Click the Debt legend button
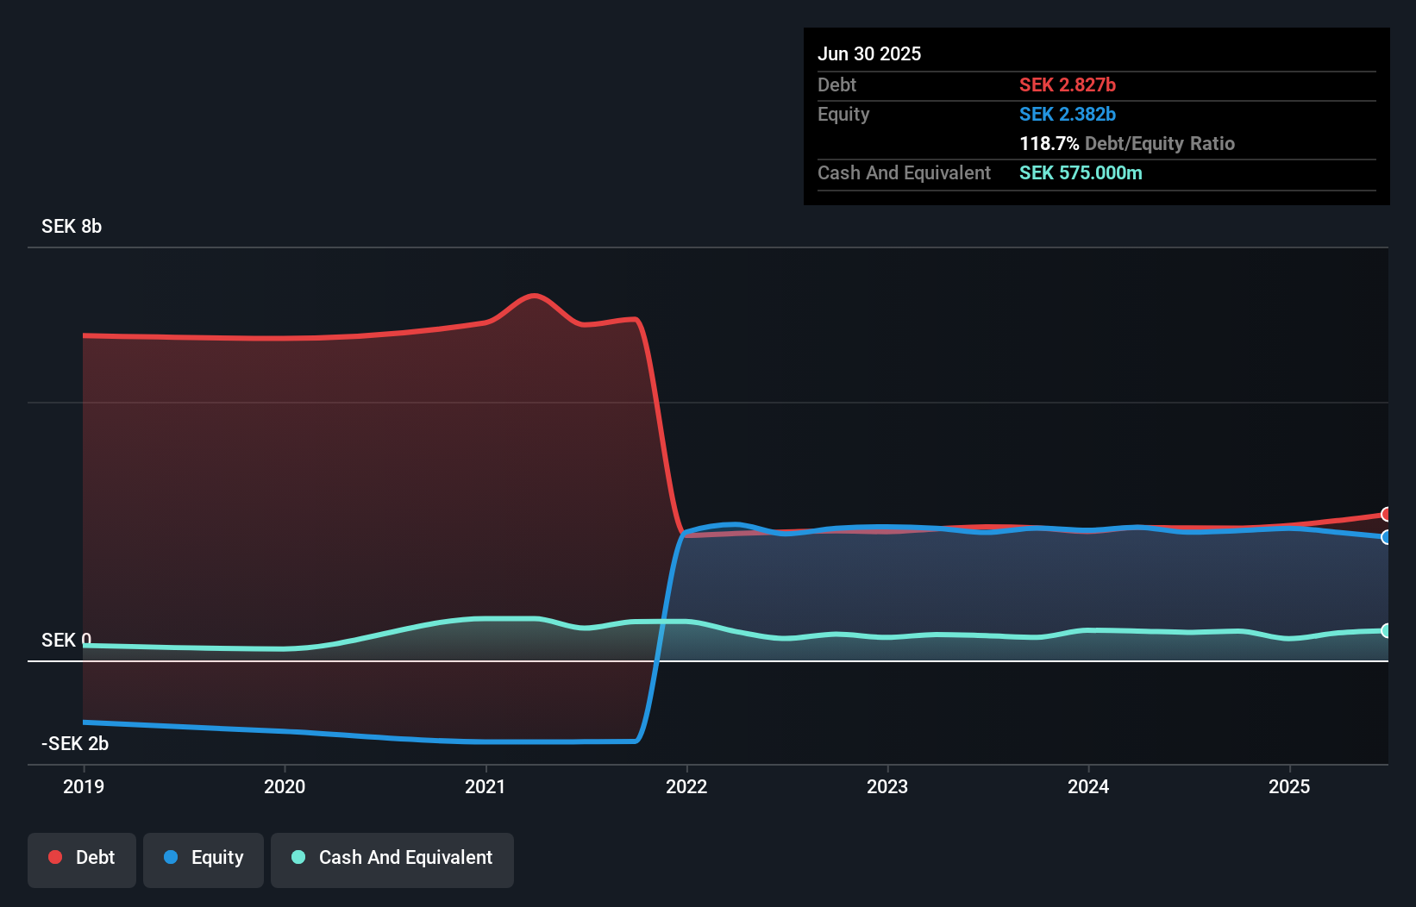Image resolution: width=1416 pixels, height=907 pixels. coord(82,858)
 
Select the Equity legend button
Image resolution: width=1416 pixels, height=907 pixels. coord(204,858)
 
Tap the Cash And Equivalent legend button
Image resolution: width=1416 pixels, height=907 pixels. coord(392,858)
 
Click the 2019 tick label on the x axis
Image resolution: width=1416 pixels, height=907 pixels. coord(84,786)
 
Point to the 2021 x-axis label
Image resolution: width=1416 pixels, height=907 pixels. coord(486,786)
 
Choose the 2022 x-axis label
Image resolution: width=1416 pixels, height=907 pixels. coord(686,786)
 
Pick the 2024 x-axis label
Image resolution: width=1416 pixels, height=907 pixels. coord(1088,786)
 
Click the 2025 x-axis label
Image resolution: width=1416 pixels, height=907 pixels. coord(1289,786)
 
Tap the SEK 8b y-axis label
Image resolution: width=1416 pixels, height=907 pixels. coord(72,227)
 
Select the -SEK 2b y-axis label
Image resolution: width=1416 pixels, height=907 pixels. coord(75,743)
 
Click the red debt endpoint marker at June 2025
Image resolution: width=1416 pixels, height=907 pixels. coord(1386,515)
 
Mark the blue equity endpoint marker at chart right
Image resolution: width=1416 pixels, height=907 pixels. coord(1386,537)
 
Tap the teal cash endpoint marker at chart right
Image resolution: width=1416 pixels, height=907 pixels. coord(1386,631)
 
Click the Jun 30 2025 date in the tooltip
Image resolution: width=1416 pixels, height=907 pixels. coord(869,53)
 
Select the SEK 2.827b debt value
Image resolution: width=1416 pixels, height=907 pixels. coord(1068,84)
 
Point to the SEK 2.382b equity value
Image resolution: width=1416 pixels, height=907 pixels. coord(1068,114)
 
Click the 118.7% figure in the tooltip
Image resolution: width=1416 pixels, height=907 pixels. coord(1049,143)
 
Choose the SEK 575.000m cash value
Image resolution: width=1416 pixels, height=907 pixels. coord(1081,172)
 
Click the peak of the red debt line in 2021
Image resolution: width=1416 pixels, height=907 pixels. coord(535,296)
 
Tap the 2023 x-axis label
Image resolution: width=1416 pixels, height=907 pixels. coord(887,786)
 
